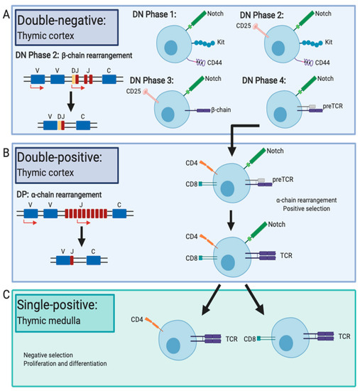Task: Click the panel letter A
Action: pos(6,11)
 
